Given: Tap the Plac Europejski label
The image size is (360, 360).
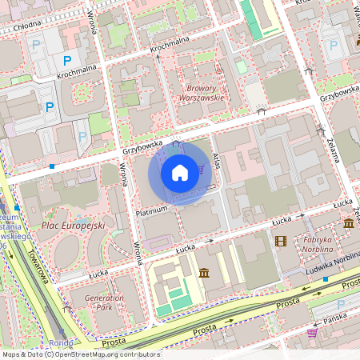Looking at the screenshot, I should pyautogui.click(x=73, y=226).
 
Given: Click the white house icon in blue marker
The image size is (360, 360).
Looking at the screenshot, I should pyautogui.click(x=180, y=173).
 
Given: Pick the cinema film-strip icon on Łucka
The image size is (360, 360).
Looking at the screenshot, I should pyautogui.click(x=280, y=240).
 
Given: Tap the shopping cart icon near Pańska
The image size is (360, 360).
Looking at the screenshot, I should pyautogui.click(x=313, y=333).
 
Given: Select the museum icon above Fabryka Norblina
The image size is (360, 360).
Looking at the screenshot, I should pyautogui.click(x=349, y=223).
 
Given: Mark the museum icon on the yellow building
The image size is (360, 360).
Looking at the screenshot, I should pyautogui.click(x=204, y=274).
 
